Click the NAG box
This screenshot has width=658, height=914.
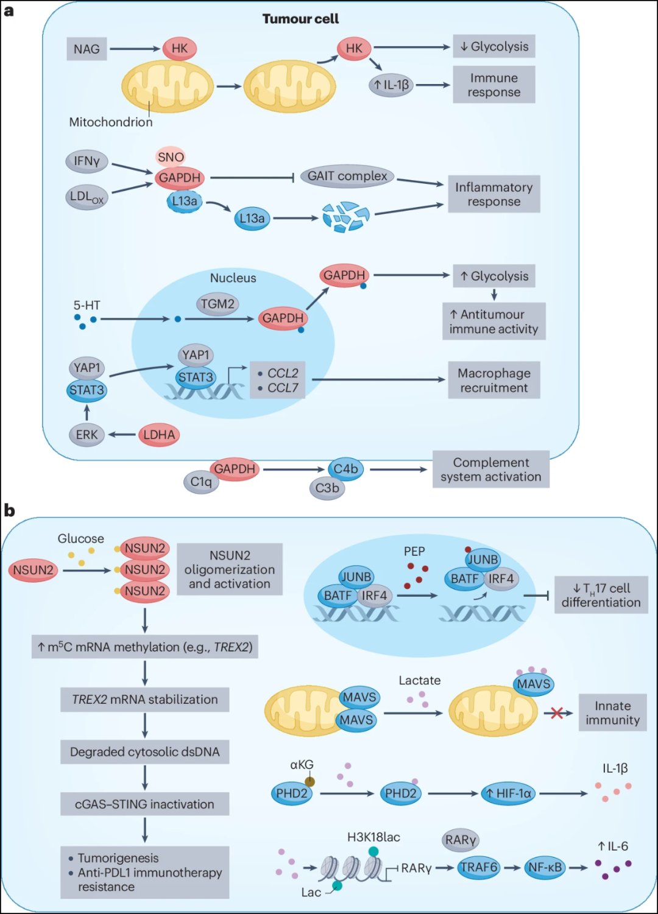click(87, 49)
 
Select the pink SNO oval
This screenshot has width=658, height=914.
click(171, 157)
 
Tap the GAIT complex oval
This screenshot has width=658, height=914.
click(347, 176)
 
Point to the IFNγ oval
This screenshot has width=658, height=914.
click(87, 161)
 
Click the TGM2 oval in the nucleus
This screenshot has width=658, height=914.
click(218, 304)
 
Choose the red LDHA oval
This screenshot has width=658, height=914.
click(159, 435)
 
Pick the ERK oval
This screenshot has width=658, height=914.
click(87, 435)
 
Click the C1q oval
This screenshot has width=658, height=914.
click(201, 482)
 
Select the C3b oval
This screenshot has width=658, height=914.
click(327, 488)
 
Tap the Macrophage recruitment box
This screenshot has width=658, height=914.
click(494, 380)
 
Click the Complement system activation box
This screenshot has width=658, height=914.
click(490, 469)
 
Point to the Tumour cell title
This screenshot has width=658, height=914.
click(300, 19)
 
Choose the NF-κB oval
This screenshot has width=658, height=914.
click(545, 867)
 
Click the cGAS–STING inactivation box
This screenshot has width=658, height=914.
click(144, 804)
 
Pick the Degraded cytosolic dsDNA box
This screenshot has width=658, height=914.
click(144, 752)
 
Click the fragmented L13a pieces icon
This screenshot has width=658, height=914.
click(346, 217)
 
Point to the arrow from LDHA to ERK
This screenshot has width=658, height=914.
click(122, 435)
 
